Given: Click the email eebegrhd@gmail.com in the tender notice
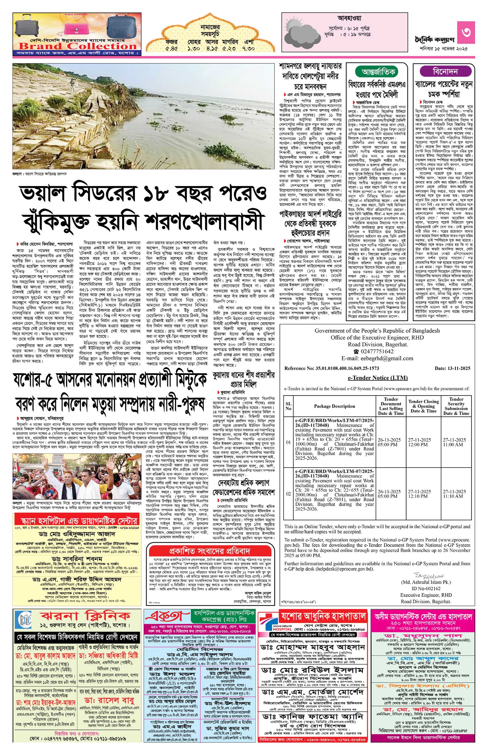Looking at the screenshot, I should [377, 358].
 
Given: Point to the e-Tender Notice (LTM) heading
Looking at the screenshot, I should [377, 378].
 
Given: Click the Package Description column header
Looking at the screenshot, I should [334, 406].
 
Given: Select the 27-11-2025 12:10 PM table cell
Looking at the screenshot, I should [419, 494].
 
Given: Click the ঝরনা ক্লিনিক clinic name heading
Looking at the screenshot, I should [85, 616].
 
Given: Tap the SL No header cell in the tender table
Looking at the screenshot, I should [288, 406].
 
